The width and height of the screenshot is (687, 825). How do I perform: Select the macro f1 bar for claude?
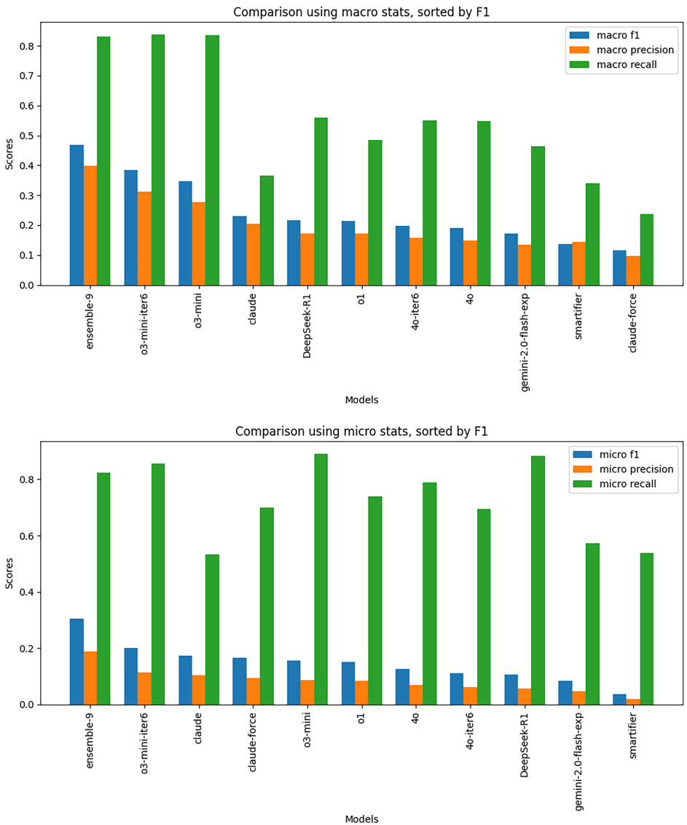click(240, 251)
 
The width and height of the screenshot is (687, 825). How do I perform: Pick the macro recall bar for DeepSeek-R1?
click(321, 201)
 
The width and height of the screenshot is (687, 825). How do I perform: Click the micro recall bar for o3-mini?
click(321, 579)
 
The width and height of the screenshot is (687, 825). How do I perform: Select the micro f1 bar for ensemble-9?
click(76, 662)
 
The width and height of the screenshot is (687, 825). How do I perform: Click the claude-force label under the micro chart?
click(240, 744)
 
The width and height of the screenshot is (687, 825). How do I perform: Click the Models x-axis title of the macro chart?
click(361, 399)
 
